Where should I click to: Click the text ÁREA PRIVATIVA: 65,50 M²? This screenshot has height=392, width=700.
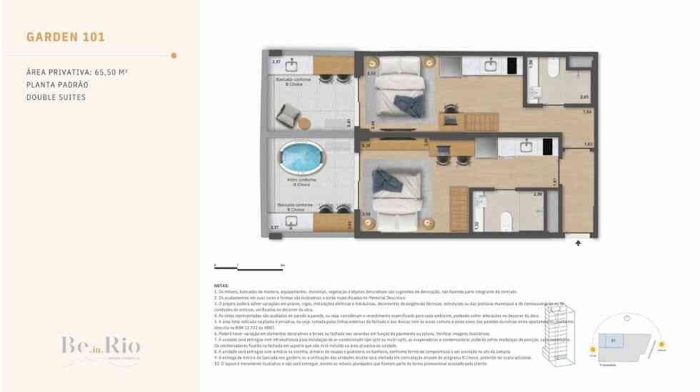pos(76,72)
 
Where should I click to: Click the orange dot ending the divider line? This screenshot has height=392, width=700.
pos(174,55)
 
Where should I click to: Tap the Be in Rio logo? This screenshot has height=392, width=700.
pos(100,346)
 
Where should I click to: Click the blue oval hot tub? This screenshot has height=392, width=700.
pos(300,157)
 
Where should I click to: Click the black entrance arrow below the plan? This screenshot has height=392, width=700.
pos(577,243)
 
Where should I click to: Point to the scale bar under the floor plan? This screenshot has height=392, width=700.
pos(249,267)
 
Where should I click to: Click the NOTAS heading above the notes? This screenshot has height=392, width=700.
pos(221,284)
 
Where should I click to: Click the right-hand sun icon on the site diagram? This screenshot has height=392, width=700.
pos(662,345)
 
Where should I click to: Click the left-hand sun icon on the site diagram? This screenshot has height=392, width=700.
pos(593,350)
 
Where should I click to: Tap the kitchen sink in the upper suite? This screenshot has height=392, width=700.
pos(491,67)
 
